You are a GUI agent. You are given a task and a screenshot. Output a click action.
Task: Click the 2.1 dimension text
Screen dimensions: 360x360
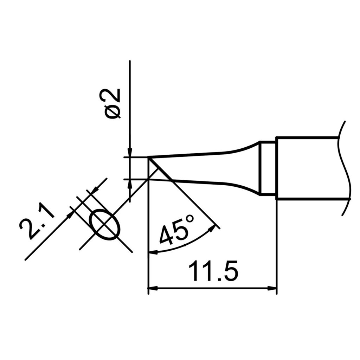click(x=37, y=224)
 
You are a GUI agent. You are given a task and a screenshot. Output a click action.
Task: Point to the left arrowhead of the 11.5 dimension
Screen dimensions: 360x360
click(x=152, y=289)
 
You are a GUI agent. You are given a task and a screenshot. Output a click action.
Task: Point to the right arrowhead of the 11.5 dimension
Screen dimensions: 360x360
click(x=274, y=289)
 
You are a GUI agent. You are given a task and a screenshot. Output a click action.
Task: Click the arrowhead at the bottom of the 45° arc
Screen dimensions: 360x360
click(x=153, y=251)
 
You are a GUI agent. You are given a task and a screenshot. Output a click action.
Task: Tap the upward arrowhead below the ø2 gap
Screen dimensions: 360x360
click(x=130, y=184)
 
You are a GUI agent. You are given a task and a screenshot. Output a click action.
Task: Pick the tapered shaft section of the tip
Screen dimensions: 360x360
click(x=211, y=168)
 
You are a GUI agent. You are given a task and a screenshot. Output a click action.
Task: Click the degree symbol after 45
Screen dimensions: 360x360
click(x=189, y=220)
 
